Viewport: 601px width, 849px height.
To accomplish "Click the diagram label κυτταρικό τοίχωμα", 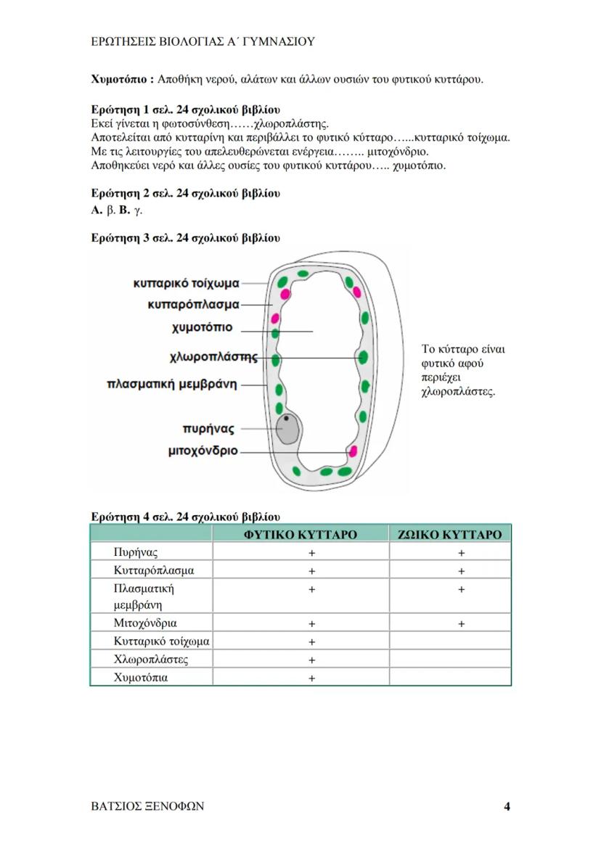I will click(187, 283).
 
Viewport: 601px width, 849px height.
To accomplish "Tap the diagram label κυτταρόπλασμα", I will click(192, 305).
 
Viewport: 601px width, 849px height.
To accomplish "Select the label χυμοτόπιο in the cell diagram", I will click(203, 328).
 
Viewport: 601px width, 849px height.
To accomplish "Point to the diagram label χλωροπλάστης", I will click(213, 357).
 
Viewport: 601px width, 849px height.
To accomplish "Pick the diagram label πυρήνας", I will click(208, 429).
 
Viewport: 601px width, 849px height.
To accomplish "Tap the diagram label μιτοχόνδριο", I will click(203, 451).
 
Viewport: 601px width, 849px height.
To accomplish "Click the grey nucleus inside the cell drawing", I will click(290, 429).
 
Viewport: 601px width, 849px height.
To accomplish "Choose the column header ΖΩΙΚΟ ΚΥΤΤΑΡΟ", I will click(450, 535).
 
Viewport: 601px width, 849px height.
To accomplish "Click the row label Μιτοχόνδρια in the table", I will click(145, 623).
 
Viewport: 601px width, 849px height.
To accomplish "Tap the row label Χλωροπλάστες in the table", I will click(151, 660).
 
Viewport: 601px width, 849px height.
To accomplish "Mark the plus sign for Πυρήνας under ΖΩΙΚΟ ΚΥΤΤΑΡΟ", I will click(461, 553).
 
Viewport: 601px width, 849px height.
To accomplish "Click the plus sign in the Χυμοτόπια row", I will click(311, 678).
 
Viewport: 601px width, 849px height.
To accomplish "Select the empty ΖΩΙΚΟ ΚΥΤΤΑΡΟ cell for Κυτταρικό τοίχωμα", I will click(450, 641).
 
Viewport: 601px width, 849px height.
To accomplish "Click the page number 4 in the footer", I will click(507, 806).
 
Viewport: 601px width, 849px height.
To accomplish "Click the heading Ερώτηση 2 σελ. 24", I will click(185, 194).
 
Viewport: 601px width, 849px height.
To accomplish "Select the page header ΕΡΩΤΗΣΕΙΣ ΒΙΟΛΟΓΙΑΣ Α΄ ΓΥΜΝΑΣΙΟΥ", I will click(203, 41).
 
